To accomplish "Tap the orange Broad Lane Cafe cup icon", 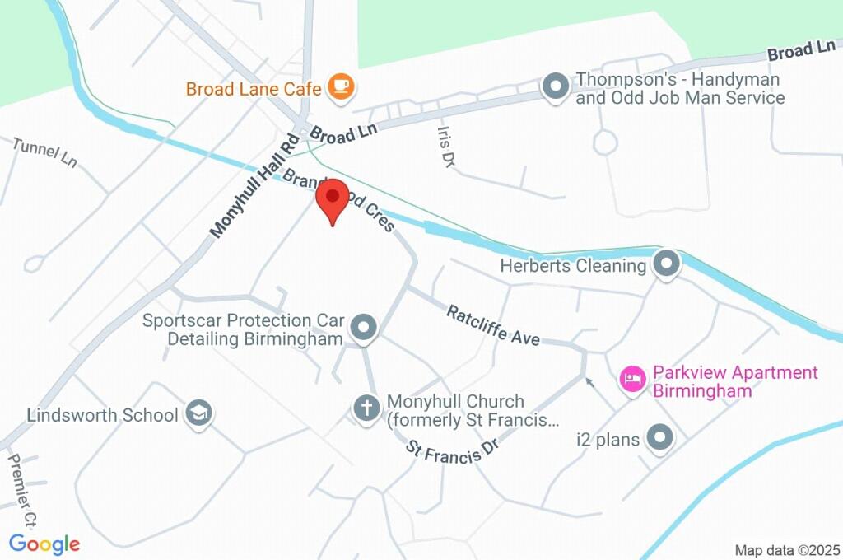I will [339, 87].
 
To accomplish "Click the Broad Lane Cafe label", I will [256, 88].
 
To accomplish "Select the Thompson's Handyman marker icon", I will [556, 86].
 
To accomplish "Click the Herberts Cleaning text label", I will [573, 266].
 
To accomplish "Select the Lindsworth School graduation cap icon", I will [198, 414].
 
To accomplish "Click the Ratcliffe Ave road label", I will [493, 324].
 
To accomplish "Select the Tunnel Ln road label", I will [45, 152].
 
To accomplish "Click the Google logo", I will [44, 544].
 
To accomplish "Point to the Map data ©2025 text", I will [786, 550].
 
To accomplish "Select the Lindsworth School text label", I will [102, 415].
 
